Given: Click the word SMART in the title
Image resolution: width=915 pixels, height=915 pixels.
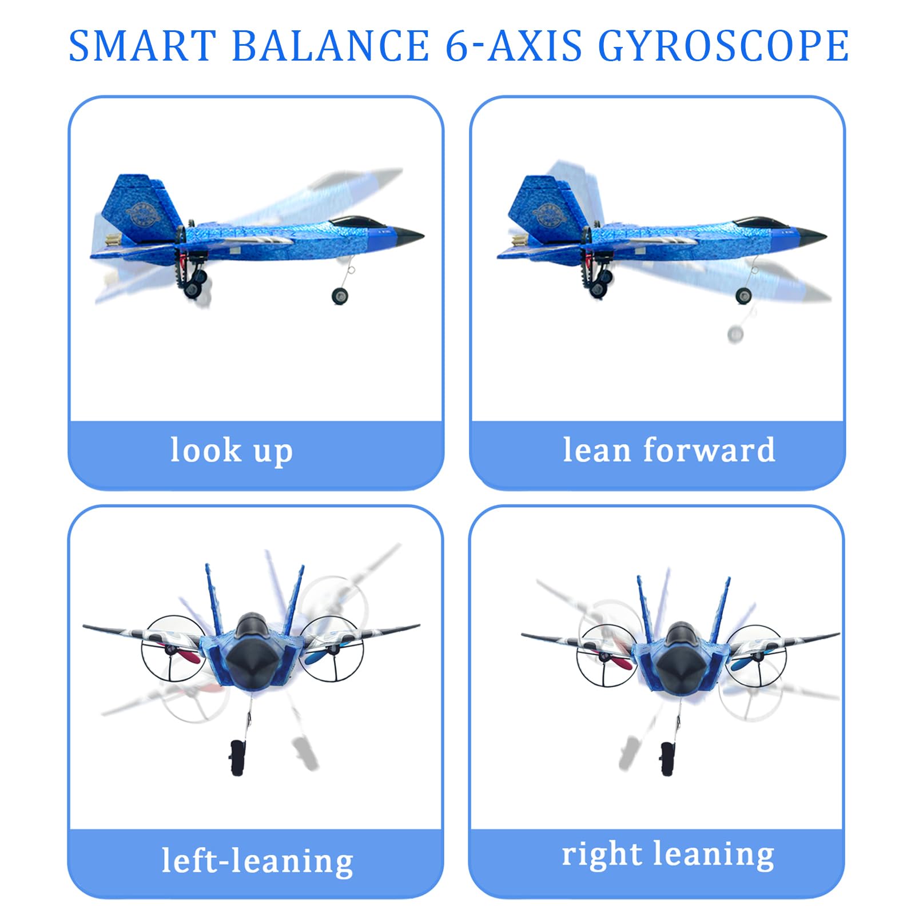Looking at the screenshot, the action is pyautogui.click(x=141, y=46).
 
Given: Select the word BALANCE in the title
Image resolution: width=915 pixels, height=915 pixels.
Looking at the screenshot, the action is pyautogui.click(x=331, y=46).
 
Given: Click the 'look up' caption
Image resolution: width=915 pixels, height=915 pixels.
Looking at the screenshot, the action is pyautogui.click(x=232, y=450).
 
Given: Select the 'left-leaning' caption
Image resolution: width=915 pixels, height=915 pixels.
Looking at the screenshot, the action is pyautogui.click(x=257, y=861).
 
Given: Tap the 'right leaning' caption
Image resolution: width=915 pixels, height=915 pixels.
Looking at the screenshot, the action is pyautogui.click(x=668, y=855).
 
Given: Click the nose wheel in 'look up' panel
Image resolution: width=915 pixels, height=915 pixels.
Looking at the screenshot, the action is pyautogui.click(x=340, y=296).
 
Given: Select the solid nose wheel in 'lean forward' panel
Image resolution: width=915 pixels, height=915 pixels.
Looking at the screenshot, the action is pyautogui.click(x=743, y=295).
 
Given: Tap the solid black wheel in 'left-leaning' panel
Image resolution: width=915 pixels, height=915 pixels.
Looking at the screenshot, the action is pyautogui.click(x=237, y=758).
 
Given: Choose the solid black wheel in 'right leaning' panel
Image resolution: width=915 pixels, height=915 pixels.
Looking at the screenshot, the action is pyautogui.click(x=667, y=758).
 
